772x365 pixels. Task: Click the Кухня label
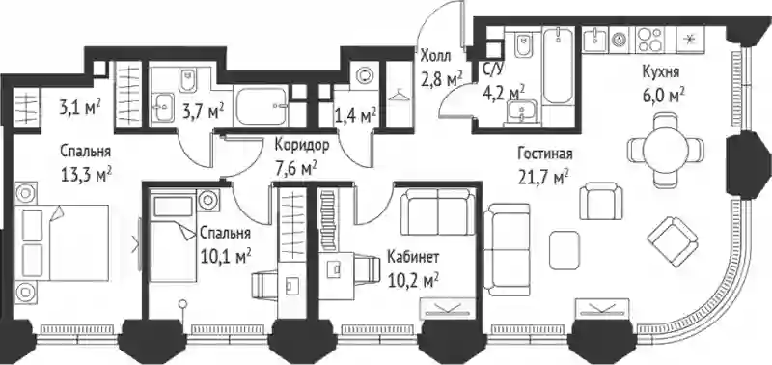coord(661,72)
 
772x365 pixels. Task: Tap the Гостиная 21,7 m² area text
coord(544,165)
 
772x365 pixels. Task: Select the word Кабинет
coord(412,257)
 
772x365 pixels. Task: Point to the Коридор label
coord(301,145)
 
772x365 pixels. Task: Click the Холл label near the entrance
coord(435,56)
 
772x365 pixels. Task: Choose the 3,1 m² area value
coord(80,107)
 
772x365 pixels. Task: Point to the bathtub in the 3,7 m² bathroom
coord(262,106)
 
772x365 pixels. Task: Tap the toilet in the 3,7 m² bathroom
coord(187,80)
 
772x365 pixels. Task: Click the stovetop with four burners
coord(649,40)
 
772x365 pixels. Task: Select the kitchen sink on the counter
coord(596,39)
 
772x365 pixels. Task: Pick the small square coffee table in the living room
coord(565,250)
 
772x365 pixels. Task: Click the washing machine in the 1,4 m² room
coord(364,75)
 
